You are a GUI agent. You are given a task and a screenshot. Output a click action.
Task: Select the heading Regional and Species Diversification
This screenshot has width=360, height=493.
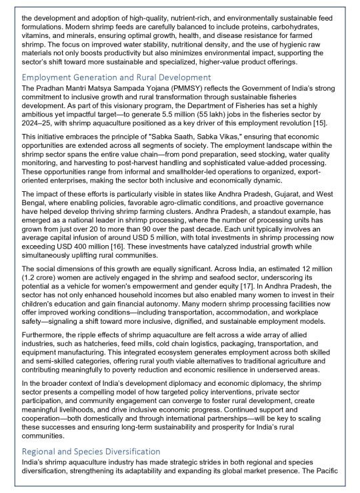coord(91,451)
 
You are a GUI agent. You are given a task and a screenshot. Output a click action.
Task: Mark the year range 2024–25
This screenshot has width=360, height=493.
coord(37,123)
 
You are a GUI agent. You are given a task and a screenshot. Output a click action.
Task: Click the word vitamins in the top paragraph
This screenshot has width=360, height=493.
coord(37,36)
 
